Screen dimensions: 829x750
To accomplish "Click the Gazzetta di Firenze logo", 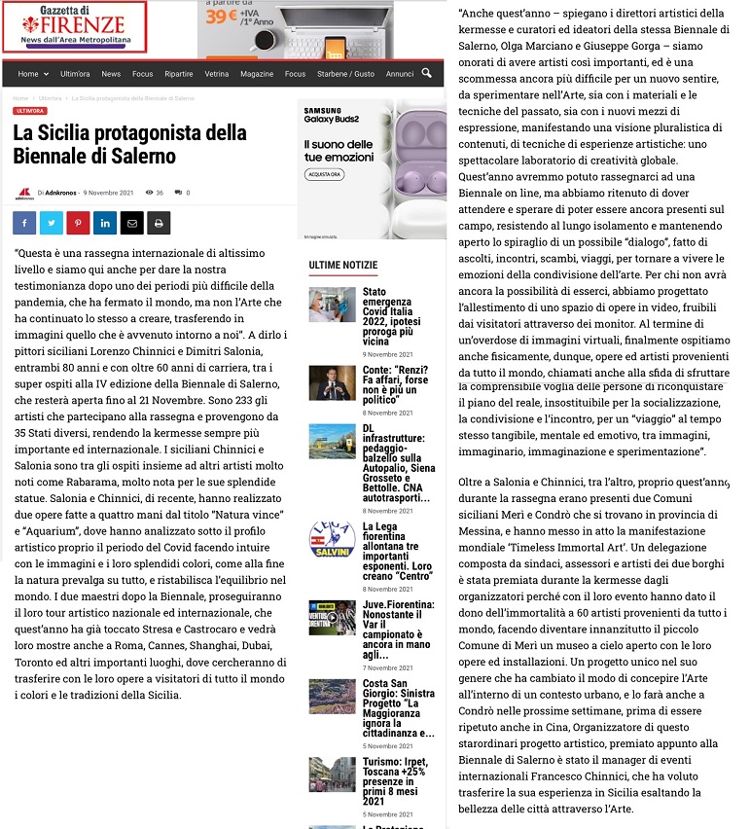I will (x=75, y=26).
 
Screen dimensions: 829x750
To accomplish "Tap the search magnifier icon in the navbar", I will (x=427, y=73).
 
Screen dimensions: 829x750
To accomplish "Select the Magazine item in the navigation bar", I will (x=257, y=74).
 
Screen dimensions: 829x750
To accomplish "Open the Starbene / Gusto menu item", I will (x=345, y=74).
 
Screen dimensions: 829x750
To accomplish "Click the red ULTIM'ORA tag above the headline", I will (x=29, y=111).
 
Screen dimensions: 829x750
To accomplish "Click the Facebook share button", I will (x=24, y=223).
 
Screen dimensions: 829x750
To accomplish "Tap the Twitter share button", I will (x=51, y=223).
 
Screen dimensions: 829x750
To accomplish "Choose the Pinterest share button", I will (x=78, y=223).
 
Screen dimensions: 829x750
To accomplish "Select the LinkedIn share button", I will (x=104, y=223).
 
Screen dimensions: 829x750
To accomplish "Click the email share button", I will (x=131, y=223).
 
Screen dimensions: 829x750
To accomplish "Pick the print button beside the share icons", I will (x=158, y=223).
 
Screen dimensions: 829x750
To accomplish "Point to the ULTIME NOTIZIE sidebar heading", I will (x=342, y=265).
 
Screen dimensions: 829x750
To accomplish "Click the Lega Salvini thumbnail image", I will (x=332, y=539).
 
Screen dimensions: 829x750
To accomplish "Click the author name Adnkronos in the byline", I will (x=61, y=193).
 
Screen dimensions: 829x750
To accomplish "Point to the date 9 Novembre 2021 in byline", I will (x=108, y=193).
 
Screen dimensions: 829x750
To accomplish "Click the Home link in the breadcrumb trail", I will (x=20, y=98).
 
